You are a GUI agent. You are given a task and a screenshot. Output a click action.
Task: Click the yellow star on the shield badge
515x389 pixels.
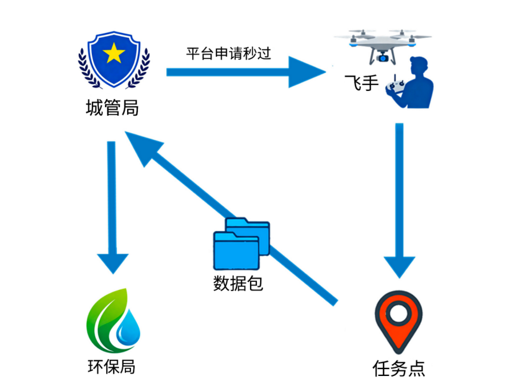point(114,55)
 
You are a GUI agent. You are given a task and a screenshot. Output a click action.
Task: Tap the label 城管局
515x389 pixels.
point(112,108)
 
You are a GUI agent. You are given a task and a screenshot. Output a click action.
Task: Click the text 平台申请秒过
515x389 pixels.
point(228,53)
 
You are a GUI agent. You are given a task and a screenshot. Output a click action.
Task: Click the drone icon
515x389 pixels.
point(383,43)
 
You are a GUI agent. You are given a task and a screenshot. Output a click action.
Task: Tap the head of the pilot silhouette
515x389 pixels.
point(419,66)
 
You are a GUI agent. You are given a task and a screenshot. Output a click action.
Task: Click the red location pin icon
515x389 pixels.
point(398,320)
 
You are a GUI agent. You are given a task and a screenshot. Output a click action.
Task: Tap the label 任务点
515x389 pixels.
point(399,368)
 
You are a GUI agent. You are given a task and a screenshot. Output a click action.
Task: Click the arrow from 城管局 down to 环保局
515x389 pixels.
point(112,204)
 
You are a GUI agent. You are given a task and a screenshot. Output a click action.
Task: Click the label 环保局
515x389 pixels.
point(112,367)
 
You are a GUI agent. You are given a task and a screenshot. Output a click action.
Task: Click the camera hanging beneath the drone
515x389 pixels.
point(383,58)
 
